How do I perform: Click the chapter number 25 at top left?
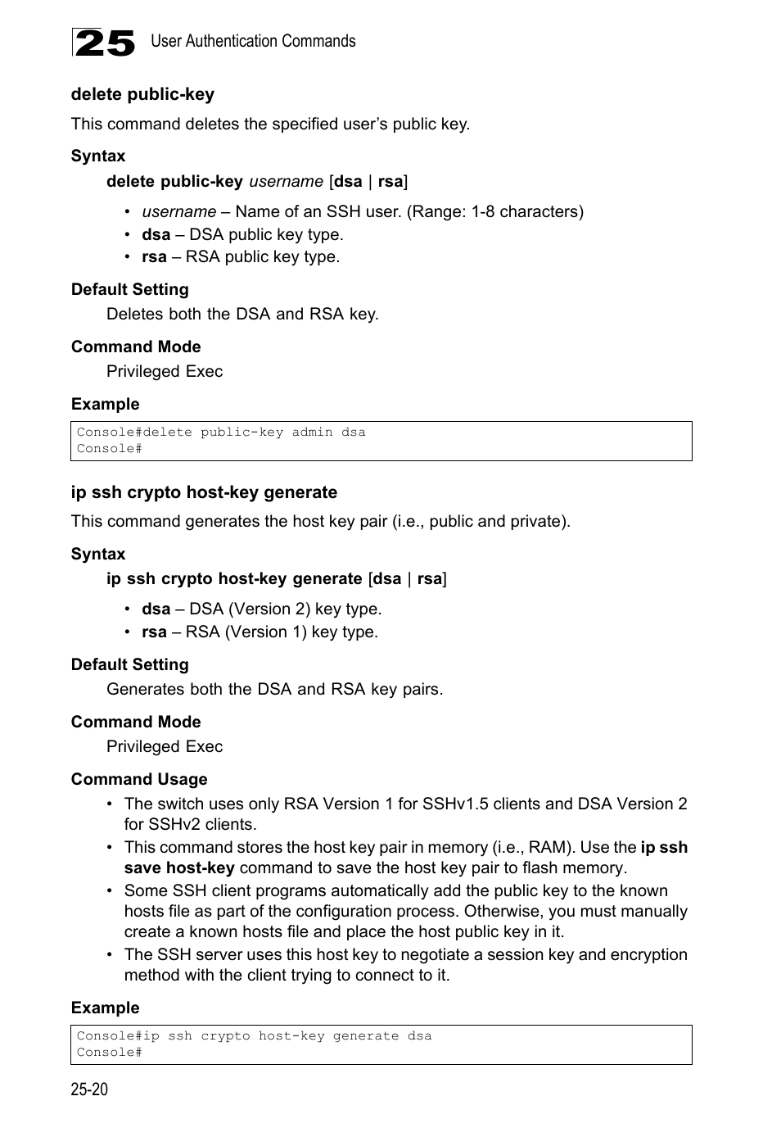tap(104, 43)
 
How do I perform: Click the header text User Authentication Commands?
tap(253, 41)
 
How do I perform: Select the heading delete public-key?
tap(142, 94)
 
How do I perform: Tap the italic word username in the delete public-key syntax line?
tap(286, 181)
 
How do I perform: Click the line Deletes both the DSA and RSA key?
tap(242, 314)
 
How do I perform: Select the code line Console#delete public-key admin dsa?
tap(221, 432)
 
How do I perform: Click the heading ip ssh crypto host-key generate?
tap(204, 492)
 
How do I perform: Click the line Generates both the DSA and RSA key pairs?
tap(274, 689)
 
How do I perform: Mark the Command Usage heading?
tap(139, 779)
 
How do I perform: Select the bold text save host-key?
tap(179, 867)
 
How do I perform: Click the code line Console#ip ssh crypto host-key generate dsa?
tap(254, 1035)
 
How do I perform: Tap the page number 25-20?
tap(89, 1089)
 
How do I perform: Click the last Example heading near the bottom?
tap(105, 1008)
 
